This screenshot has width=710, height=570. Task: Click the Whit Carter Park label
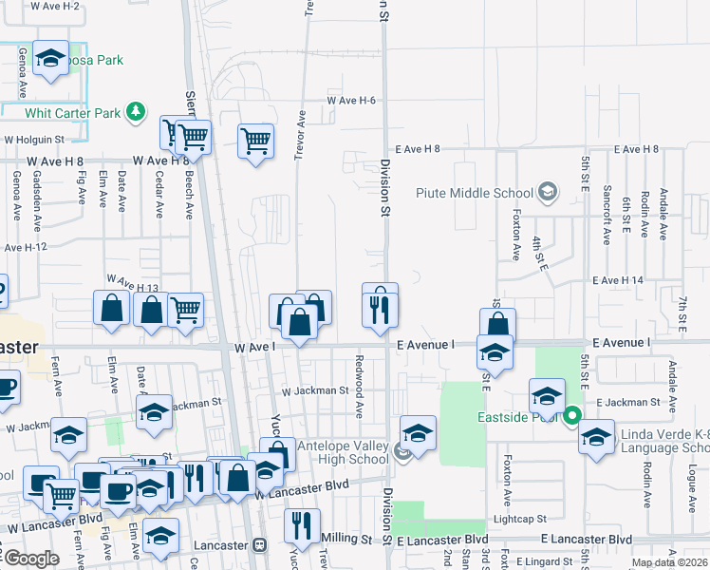(73, 113)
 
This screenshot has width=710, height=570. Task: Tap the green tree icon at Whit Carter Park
(137, 112)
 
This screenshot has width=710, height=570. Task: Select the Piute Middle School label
(476, 193)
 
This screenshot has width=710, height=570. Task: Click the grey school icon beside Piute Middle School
(547, 193)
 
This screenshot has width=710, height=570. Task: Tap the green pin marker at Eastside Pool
(572, 415)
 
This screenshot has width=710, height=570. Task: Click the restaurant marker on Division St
(380, 306)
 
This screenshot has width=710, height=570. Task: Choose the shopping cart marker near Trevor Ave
(256, 142)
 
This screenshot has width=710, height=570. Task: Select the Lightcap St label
(519, 520)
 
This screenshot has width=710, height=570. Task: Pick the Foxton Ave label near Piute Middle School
(516, 237)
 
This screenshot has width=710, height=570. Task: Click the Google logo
(31, 559)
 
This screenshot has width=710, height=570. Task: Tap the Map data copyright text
(670, 562)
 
